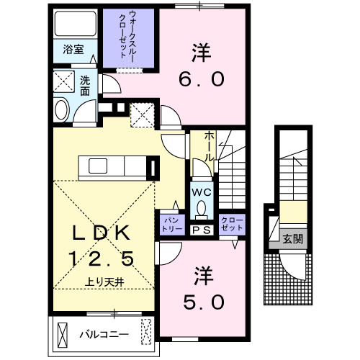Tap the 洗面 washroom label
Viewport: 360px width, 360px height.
(85, 86)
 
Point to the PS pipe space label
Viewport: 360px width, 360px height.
(202, 230)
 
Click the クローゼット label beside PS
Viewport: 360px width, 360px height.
(230, 222)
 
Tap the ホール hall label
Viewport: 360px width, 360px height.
(209, 145)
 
